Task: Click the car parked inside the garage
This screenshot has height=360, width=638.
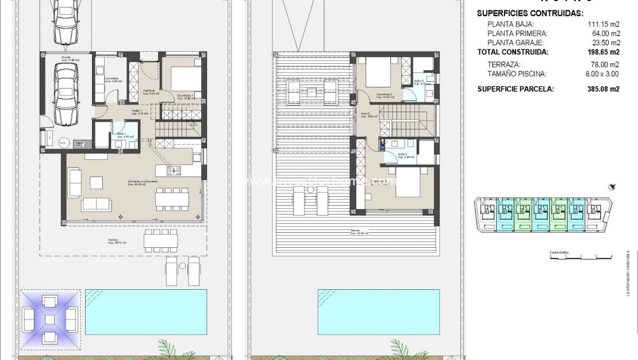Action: click(66, 94)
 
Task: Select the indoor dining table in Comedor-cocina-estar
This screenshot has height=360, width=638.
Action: click(171, 199)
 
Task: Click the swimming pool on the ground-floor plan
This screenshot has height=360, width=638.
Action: click(145, 311)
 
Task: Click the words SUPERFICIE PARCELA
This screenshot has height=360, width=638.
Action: click(516, 89)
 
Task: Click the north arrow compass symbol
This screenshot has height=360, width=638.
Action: click(613, 187)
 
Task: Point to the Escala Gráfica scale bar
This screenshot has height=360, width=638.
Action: click(581, 257)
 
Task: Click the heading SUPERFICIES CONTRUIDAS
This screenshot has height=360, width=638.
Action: click(531, 13)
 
